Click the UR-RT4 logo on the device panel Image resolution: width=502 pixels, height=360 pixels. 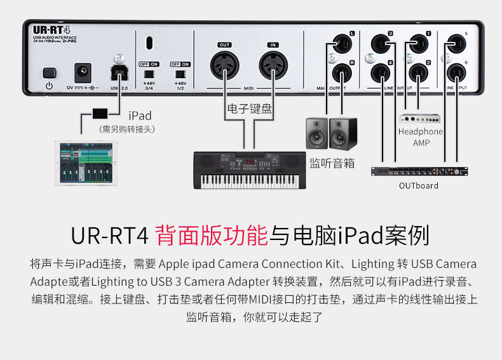click(x=51, y=30)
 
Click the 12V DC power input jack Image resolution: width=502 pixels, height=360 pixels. click(x=82, y=70)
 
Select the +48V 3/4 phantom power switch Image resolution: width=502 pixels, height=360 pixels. click(x=149, y=74)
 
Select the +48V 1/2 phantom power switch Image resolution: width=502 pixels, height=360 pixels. click(x=180, y=74)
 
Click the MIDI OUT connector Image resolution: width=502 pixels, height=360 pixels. click(x=224, y=65)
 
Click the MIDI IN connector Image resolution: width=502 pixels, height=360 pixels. click(x=273, y=65)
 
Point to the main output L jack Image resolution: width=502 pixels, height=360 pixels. click(x=337, y=44)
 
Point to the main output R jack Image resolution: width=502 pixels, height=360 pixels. click(x=337, y=71)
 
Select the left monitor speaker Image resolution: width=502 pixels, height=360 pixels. click(x=318, y=133)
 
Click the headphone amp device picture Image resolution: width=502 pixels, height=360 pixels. click(x=420, y=118)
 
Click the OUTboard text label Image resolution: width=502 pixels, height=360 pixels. click(x=419, y=185)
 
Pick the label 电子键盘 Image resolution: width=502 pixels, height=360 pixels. click(x=249, y=109)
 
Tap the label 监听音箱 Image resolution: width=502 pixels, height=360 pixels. click(x=332, y=163)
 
